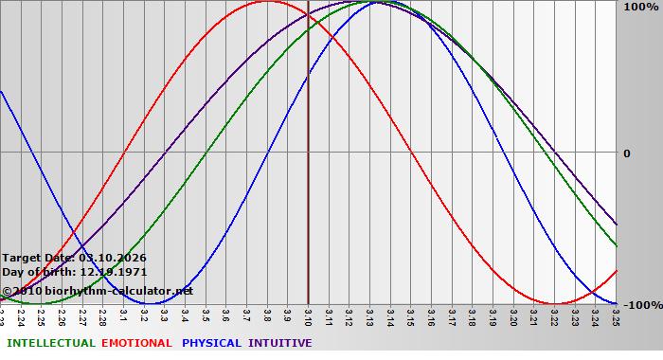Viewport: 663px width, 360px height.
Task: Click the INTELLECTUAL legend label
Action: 51,343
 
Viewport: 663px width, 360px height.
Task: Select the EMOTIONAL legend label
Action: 136,343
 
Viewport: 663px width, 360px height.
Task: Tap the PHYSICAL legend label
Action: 212,343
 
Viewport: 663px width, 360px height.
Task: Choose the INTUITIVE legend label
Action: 280,343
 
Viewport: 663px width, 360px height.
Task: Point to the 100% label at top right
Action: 640,8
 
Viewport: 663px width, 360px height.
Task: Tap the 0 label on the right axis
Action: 626,153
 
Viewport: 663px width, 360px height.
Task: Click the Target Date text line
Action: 74,258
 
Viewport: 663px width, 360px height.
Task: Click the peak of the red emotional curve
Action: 267,1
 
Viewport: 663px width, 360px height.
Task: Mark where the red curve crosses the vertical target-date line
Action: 308,19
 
